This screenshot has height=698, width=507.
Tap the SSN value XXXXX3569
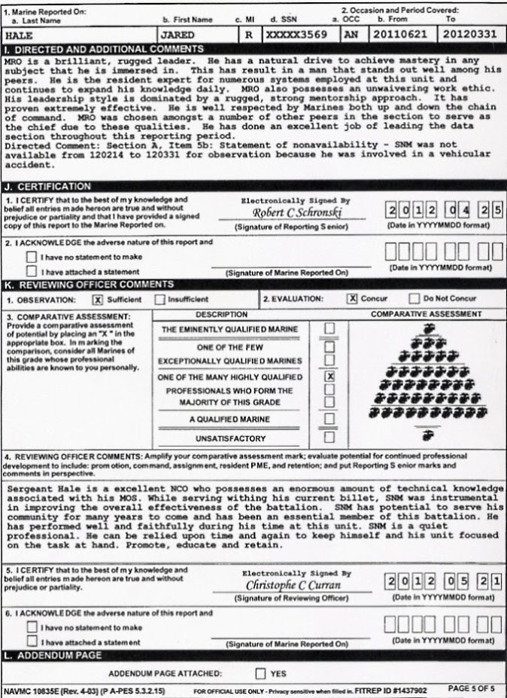tap(293, 35)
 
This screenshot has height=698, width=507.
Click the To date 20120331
tap(467, 35)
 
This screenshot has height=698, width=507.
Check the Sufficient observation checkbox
tap(97, 300)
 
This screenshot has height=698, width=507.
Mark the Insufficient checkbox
tap(159, 300)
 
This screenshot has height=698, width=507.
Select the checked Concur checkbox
tap(351, 299)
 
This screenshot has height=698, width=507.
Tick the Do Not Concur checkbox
tap(414, 299)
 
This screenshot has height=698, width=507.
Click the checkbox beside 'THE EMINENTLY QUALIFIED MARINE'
tap(329, 328)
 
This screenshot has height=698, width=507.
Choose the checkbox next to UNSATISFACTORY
tap(329, 437)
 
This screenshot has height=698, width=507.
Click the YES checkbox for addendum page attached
tap(260, 674)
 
